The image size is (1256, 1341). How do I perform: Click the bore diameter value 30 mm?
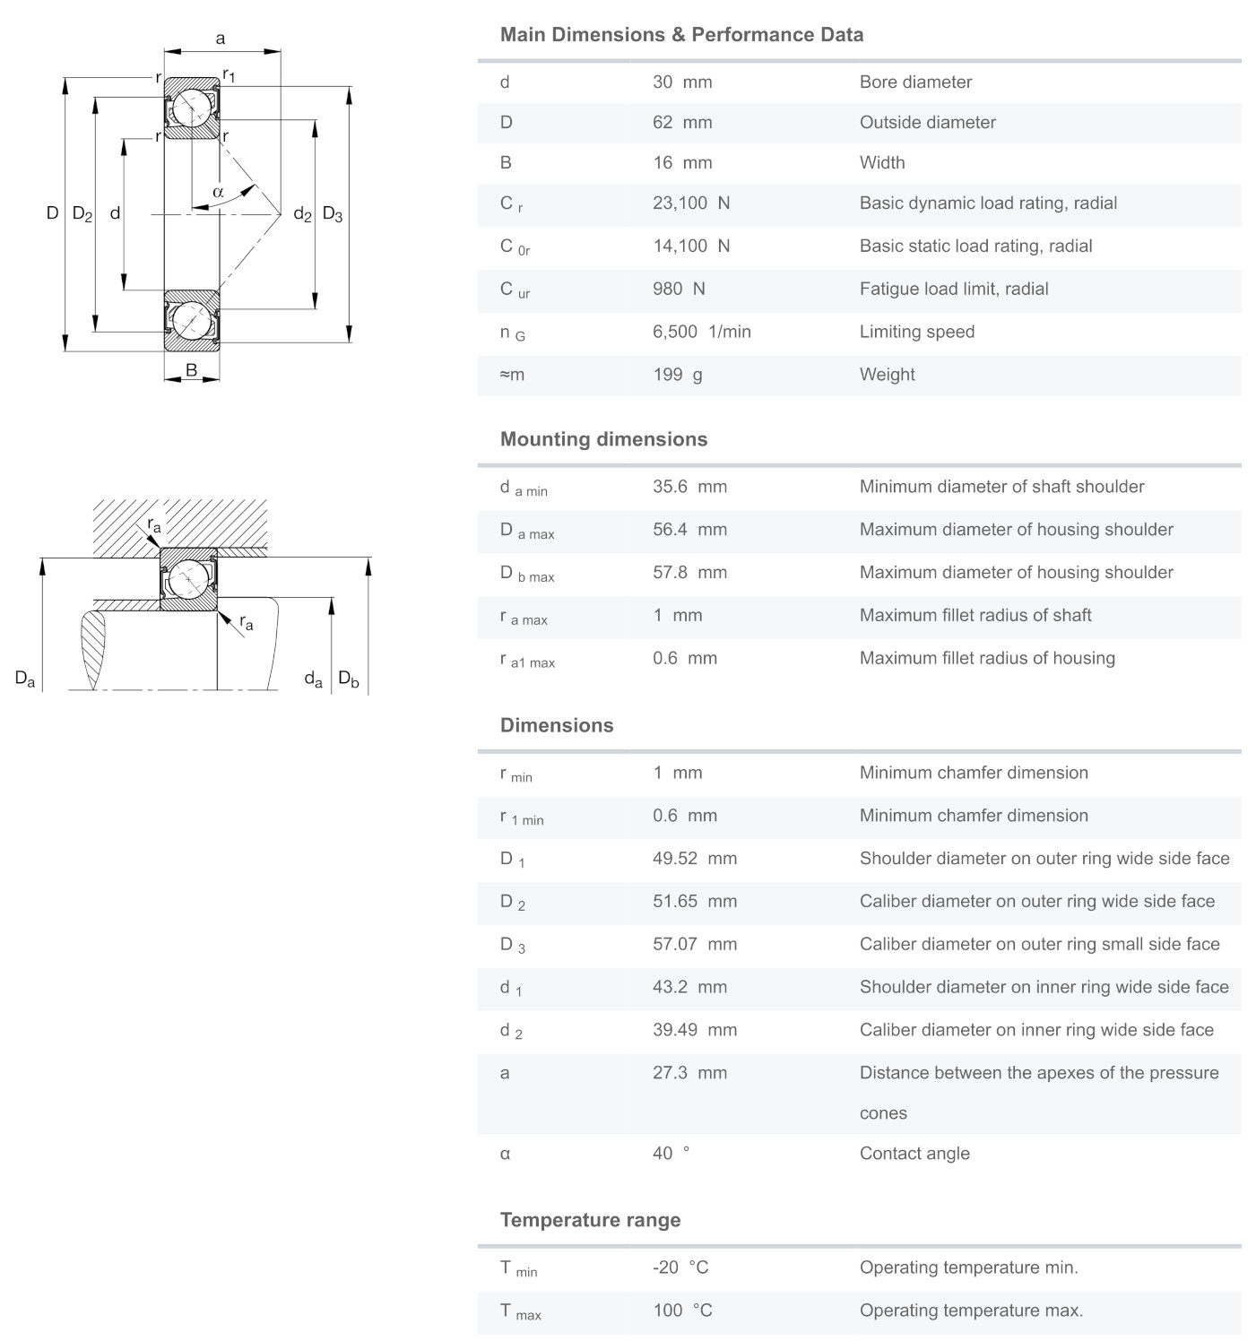tap(682, 82)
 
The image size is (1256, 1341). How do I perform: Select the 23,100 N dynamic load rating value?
tap(691, 203)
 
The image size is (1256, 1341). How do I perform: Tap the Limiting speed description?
tap(916, 333)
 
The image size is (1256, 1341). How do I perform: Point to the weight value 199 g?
tap(677, 375)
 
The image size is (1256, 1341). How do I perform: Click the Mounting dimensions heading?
tap(603, 439)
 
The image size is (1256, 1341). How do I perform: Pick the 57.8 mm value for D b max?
tap(689, 573)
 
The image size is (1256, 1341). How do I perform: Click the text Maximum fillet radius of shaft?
tap(975, 616)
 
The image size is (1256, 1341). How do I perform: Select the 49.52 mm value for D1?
tap(695, 859)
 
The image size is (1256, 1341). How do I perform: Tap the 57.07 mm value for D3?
tap(695, 945)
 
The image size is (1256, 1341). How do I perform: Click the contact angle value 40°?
tap(671, 1154)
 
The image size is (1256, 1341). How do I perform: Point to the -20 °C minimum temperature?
tap(680, 1267)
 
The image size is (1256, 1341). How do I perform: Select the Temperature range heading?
tap(590, 1220)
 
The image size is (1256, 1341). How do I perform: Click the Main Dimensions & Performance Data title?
tap(681, 35)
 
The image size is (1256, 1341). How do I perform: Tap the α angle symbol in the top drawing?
tap(218, 191)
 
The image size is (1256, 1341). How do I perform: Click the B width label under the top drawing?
tap(191, 370)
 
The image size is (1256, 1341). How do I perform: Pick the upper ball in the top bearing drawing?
tap(191, 108)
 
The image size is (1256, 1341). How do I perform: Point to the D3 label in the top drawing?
tap(333, 214)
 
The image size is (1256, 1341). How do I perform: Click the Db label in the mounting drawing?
tap(348, 679)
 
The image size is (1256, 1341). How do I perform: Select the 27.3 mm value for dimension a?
tap(689, 1073)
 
